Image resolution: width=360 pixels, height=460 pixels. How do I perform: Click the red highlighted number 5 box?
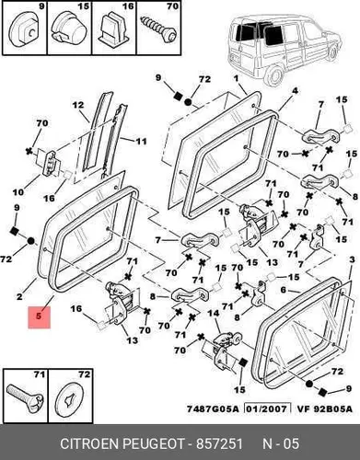click(39, 316)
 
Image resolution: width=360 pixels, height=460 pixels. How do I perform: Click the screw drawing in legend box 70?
click(158, 29)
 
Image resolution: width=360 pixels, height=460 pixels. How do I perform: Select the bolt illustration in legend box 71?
click(25, 398)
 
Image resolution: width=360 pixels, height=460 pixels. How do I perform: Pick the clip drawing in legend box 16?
click(114, 29)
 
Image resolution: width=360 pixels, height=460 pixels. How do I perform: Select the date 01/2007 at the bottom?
click(267, 409)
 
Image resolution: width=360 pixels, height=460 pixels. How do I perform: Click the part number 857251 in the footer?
click(219, 443)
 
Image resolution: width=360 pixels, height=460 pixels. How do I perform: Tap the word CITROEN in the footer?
click(89, 443)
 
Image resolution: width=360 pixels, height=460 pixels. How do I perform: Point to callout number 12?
click(78, 105)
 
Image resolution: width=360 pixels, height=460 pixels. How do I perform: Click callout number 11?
click(142, 142)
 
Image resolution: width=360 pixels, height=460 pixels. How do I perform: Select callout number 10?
click(18, 192)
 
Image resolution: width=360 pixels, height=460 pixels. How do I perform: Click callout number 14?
click(214, 313)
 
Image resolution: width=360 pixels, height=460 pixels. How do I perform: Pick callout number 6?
click(283, 290)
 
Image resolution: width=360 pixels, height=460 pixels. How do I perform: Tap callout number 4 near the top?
click(295, 91)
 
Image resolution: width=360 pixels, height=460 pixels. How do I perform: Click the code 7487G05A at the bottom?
click(213, 409)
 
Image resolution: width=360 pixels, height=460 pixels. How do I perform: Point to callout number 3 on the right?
click(352, 259)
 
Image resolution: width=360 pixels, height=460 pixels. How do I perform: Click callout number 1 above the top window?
click(236, 78)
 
